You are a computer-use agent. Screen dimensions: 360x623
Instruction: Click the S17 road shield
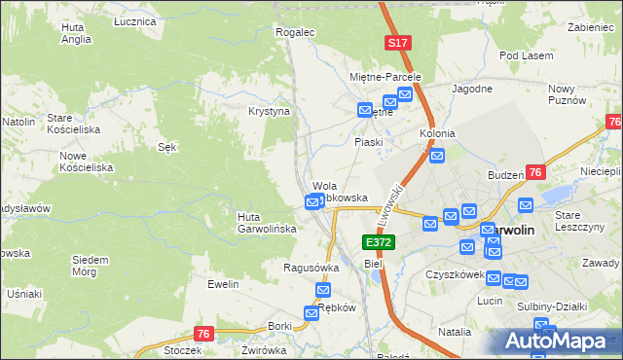click(397, 44)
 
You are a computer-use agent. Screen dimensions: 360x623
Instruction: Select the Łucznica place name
click(134, 20)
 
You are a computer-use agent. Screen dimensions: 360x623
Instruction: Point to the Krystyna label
click(270, 112)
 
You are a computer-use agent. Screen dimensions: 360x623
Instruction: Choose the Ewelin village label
click(223, 284)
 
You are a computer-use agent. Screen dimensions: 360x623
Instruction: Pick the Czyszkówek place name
click(455, 274)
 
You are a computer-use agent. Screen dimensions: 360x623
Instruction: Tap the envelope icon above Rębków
click(323, 291)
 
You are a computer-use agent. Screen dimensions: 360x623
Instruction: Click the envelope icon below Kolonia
click(437, 155)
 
